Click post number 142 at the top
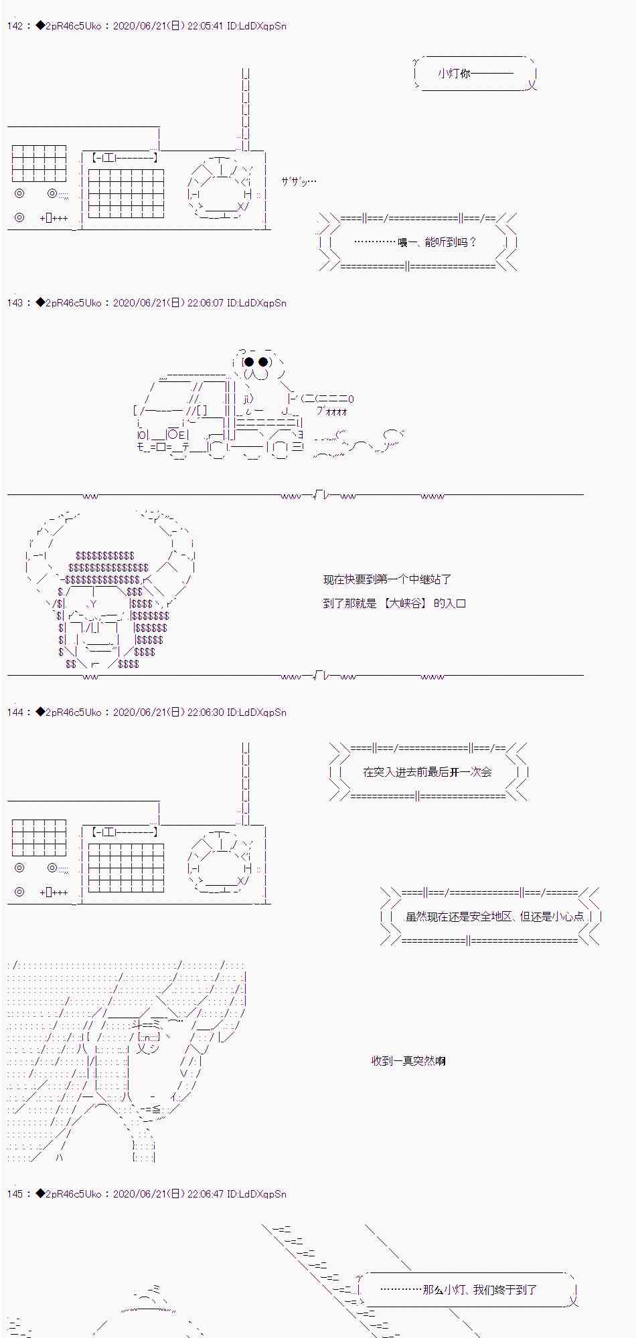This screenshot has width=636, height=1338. coord(15,26)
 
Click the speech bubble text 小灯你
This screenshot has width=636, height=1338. coord(455,73)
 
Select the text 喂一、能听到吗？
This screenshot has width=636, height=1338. coord(437,242)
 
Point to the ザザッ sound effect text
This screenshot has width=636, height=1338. coord(299,181)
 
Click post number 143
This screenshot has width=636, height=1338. coord(15,303)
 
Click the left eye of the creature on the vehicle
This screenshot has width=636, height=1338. coord(249,362)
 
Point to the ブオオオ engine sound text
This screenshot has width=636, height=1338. coord(332,411)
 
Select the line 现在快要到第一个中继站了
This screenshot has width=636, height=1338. coord(387,579)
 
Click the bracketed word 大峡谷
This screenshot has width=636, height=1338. coord(406,603)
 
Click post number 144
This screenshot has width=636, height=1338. coord(15,712)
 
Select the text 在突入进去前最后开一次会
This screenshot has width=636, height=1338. coord(427,771)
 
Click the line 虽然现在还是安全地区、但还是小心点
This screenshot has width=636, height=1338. coord(495,916)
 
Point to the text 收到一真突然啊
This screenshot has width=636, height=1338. coord(408,1060)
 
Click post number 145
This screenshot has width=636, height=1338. coord(15,1194)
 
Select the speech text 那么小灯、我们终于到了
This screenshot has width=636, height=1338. coord(480,1289)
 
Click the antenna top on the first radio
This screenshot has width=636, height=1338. coord(246,70)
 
